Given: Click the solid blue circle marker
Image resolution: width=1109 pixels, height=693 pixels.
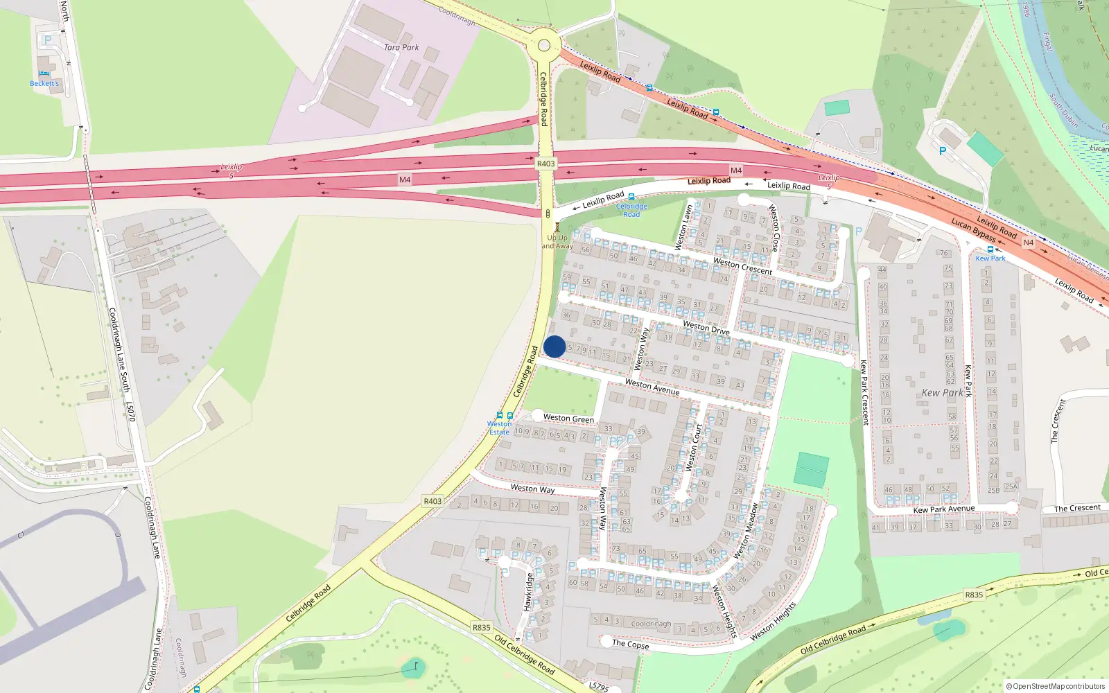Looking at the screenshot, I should [x=554, y=346].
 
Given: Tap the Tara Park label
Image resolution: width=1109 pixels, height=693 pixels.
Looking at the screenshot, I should [x=401, y=47].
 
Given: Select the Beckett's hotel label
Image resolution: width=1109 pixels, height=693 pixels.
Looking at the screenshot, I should [x=44, y=83].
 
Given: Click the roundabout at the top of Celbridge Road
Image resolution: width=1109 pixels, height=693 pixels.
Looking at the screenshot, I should [x=543, y=46].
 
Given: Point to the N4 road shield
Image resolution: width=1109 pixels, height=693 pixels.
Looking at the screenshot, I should [x=1029, y=243].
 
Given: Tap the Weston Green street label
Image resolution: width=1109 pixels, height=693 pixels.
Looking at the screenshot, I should [x=568, y=418].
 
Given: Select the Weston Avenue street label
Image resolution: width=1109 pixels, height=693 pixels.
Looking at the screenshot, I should [x=652, y=386].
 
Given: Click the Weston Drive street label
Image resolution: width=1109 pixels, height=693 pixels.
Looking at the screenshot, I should [x=706, y=327].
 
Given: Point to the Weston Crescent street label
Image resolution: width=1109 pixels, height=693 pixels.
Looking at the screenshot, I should [x=742, y=266].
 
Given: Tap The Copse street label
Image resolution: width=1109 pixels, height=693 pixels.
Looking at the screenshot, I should [x=631, y=644].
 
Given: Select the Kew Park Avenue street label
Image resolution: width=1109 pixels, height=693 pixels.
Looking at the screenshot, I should [x=943, y=509].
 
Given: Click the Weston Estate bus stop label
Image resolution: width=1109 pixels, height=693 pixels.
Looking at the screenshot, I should [x=499, y=428].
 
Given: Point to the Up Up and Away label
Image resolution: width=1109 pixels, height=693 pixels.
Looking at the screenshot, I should [x=557, y=241].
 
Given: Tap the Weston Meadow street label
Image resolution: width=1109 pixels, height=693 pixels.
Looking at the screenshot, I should [x=746, y=531].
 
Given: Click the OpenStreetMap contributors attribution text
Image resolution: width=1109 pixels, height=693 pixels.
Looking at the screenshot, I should [x=1056, y=686].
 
